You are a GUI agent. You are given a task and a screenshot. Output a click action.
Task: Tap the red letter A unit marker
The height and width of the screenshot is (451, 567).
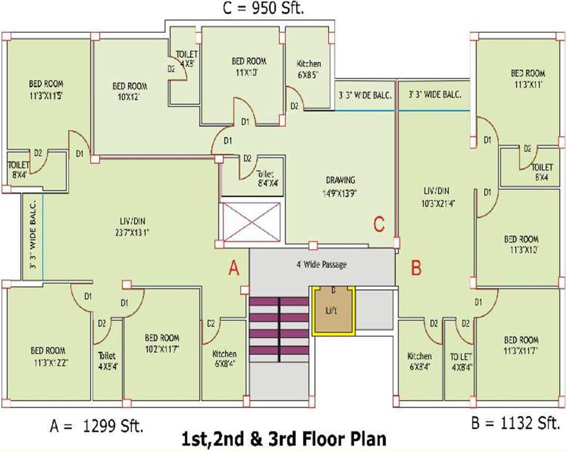tap(234, 269)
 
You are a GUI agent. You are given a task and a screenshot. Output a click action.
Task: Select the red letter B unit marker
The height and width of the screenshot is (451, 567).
tap(416, 269)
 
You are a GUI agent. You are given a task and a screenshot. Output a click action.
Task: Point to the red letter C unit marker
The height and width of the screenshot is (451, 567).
tap(379, 224)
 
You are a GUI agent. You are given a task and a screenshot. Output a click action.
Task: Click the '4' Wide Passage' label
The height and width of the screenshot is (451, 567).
tap(321, 264)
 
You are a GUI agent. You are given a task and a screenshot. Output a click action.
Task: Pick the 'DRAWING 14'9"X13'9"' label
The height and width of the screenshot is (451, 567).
tap(341, 185)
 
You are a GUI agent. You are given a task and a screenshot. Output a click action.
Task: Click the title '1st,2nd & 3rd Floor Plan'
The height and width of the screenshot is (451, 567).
tap(284, 439)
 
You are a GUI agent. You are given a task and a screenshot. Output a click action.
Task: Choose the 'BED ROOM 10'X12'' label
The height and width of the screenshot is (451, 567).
tap(129, 90)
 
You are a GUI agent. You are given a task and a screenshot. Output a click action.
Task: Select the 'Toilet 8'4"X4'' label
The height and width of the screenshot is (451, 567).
tap(267, 178)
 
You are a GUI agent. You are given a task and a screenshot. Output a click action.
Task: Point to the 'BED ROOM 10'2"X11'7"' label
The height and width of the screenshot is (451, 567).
tap(162, 342)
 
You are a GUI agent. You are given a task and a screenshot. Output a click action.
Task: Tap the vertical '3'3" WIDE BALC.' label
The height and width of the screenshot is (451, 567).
tap(33, 233)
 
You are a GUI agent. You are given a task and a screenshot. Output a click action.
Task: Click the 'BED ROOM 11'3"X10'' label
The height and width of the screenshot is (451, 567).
tap(521, 244)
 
